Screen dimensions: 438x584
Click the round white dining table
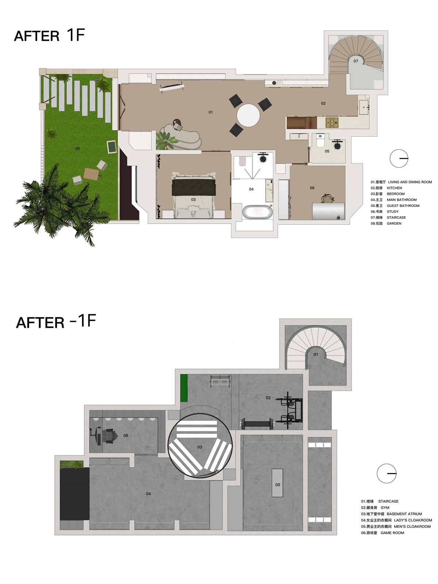click(248, 115)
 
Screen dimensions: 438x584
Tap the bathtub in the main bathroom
click(257, 212)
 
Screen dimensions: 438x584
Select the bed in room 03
click(193, 195)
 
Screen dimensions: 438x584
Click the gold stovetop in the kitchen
click(332, 122)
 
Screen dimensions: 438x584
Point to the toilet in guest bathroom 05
click(320, 141)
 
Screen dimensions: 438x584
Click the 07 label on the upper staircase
click(356, 61)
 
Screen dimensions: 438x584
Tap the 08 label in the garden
click(77, 149)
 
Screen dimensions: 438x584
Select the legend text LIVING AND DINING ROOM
click(410, 182)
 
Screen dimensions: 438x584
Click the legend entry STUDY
click(392, 211)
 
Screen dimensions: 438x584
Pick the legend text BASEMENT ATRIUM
click(404, 514)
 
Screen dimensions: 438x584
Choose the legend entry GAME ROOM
click(392, 533)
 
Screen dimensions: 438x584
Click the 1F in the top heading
click(76, 35)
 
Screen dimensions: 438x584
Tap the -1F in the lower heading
click(83, 320)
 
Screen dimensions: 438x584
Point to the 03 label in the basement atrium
click(199, 447)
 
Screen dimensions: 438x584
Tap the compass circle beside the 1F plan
click(399, 158)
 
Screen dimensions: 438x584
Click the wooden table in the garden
click(91, 174)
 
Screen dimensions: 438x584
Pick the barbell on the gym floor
click(257, 423)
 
